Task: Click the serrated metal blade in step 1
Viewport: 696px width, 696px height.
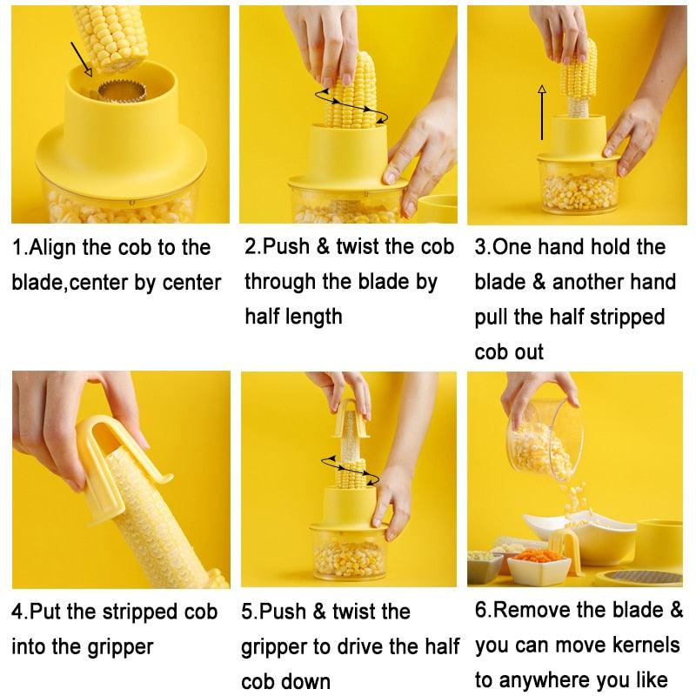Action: (x=122, y=91)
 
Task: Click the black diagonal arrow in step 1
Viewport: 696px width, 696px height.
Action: (x=81, y=59)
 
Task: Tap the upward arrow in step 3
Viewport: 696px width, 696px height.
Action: (x=541, y=112)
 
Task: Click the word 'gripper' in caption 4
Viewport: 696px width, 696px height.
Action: (x=120, y=647)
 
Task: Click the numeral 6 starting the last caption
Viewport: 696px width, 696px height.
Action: (x=480, y=610)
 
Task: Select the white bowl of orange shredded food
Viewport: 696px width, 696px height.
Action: (x=539, y=566)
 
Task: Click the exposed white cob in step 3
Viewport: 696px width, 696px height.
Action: (x=578, y=106)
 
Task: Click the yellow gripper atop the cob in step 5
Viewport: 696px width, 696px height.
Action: (x=351, y=419)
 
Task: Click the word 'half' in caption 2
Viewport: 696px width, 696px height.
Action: (x=263, y=317)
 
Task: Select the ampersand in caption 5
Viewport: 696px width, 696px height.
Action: (x=319, y=612)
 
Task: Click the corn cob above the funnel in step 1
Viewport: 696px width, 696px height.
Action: (x=111, y=37)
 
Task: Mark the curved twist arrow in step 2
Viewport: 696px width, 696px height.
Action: (x=351, y=105)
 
